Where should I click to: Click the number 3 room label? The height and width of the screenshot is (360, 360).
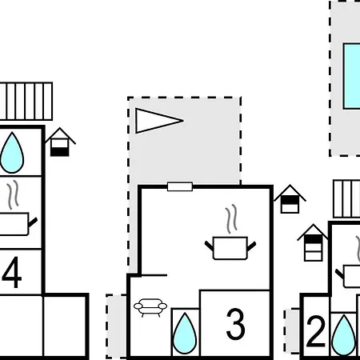(235, 324)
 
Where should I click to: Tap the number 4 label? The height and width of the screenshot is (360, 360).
(12, 272)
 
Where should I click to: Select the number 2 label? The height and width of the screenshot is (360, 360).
(316, 331)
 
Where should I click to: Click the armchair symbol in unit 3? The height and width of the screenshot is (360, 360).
(150, 307)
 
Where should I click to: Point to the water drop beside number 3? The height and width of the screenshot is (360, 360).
(185, 334)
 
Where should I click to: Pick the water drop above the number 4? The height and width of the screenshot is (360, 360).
(12, 153)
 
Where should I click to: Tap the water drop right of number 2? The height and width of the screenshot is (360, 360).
(344, 336)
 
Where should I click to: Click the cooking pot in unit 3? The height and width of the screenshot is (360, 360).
(230, 248)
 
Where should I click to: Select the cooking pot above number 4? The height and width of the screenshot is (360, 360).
(17, 224)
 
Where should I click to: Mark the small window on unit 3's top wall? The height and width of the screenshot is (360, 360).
(180, 186)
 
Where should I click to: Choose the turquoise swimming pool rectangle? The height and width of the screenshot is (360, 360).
(352, 76)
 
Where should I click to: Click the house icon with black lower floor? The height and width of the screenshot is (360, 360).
(60, 142)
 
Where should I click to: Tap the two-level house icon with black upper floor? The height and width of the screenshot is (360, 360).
(290, 199)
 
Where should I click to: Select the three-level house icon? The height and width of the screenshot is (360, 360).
(313, 242)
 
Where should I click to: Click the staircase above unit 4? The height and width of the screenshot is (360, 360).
(26, 102)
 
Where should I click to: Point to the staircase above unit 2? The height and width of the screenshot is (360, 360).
(346, 199)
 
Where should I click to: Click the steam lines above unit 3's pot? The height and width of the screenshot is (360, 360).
(231, 219)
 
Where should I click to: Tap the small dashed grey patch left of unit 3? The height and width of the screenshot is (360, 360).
(116, 326)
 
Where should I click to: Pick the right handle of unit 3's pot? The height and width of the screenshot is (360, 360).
(251, 246)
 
